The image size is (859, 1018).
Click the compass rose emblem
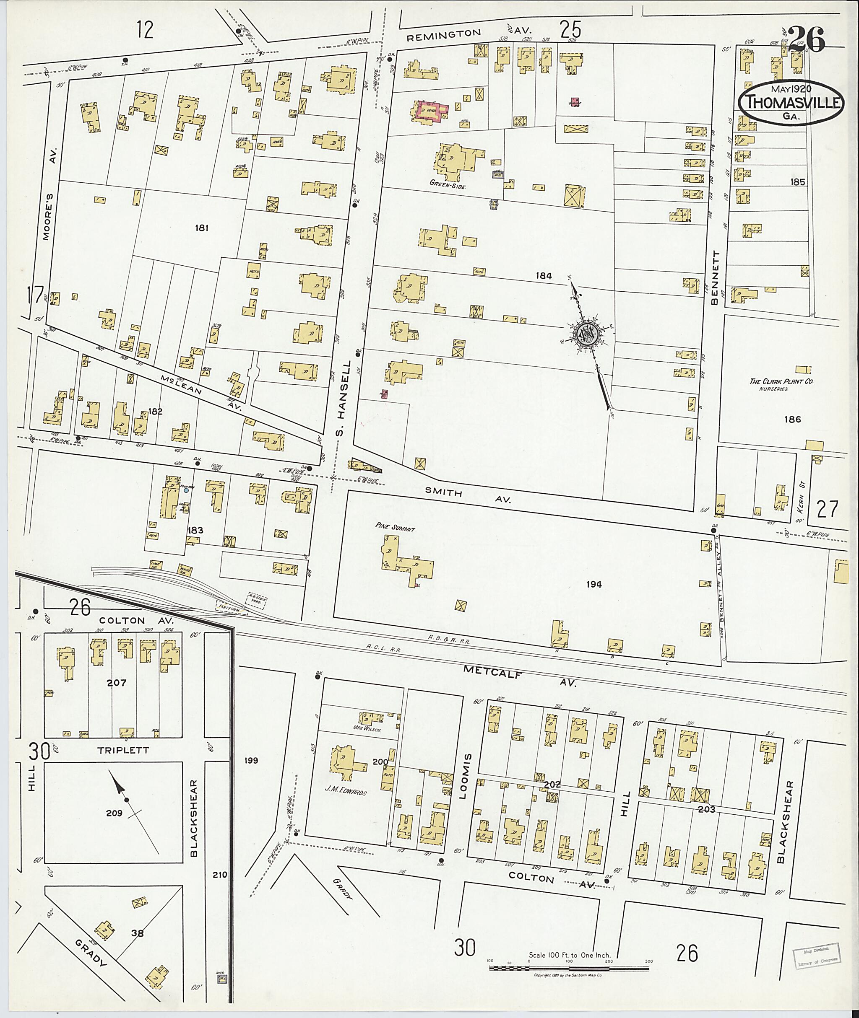click(x=586, y=334)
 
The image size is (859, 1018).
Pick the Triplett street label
click(x=123, y=750)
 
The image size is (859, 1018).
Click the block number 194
click(x=594, y=584)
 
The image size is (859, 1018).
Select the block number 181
click(x=202, y=228)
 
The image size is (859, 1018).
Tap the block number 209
click(x=115, y=813)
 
